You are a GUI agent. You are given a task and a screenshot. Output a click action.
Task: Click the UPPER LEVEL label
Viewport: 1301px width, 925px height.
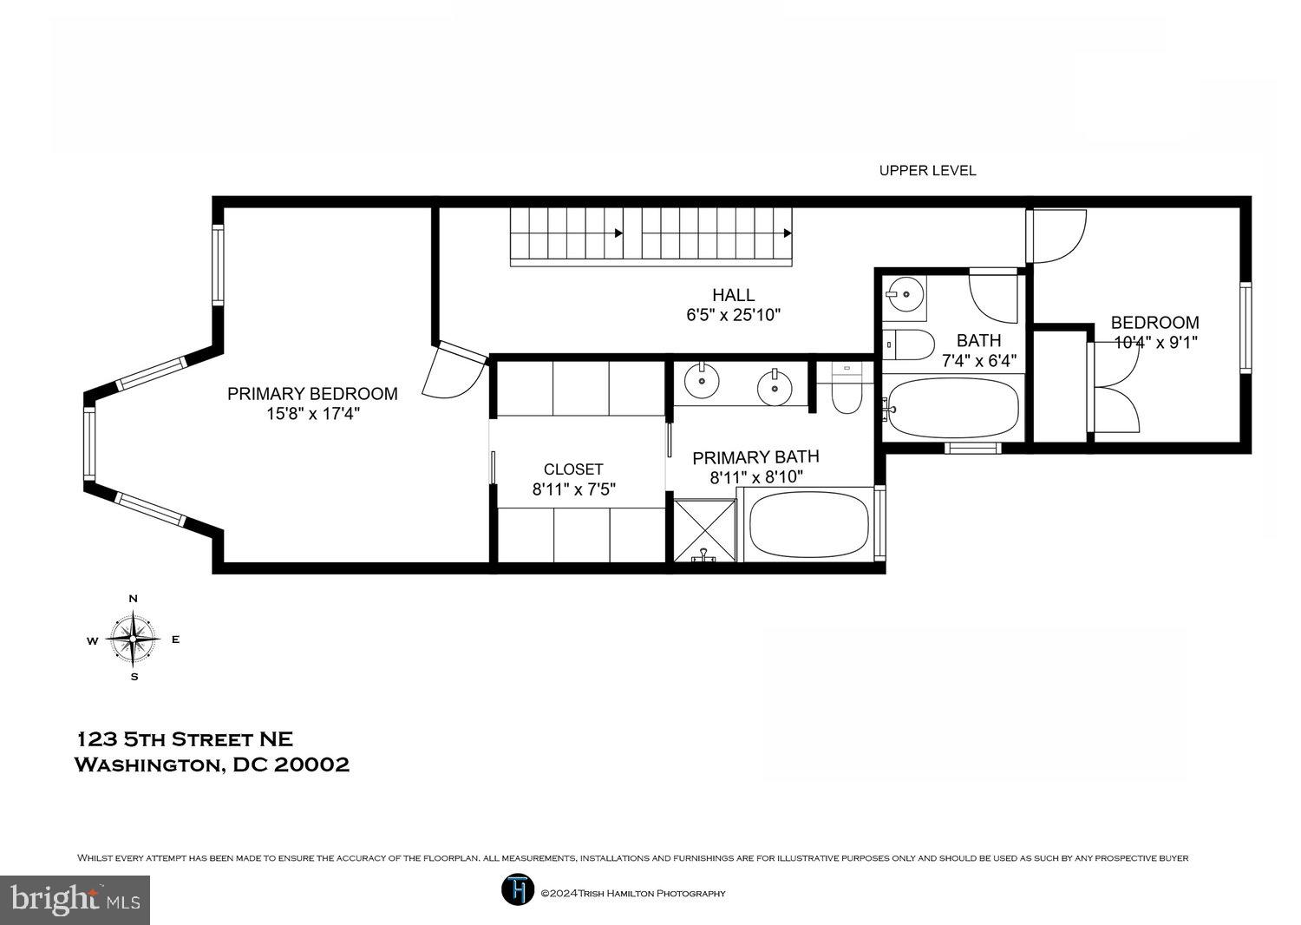coord(927,171)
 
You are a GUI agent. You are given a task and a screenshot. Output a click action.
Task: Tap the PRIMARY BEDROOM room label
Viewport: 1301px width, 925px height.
coord(312,394)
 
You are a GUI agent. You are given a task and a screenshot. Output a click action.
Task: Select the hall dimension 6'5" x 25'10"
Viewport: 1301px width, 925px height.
coord(733,315)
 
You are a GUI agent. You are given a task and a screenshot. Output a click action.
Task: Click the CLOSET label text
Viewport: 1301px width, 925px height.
coord(573,469)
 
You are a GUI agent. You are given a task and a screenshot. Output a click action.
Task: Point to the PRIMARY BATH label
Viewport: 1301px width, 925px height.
coord(755,457)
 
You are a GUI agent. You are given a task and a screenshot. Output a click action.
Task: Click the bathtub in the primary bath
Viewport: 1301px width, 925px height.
coord(808,524)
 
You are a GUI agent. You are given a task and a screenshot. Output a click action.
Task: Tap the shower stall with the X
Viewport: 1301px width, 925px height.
coord(703,526)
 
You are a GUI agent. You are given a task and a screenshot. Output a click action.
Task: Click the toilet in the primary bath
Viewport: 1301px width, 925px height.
coord(845,391)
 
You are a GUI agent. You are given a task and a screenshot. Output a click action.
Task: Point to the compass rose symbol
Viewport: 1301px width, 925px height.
coord(134,639)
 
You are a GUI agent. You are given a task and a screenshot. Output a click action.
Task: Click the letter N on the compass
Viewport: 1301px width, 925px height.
coord(134,599)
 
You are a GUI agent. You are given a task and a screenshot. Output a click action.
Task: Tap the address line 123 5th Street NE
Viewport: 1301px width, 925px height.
coord(186,739)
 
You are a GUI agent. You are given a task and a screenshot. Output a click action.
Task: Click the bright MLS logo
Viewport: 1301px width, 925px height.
coord(75,900)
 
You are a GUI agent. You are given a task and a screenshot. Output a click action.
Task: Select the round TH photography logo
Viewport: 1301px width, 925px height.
coord(517,890)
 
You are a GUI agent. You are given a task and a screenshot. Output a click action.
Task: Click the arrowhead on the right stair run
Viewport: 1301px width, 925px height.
coord(788,233)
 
